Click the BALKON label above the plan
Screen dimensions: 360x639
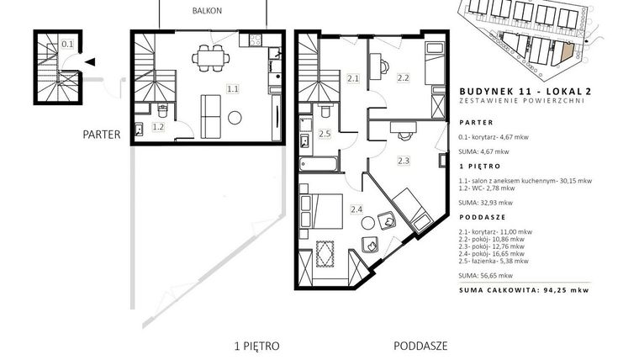(x=213, y=11)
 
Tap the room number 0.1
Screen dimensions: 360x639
(x=67, y=44)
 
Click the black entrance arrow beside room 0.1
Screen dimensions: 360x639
(x=90, y=61)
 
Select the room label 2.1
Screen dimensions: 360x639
(x=353, y=79)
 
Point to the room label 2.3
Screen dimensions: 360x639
(x=404, y=160)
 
